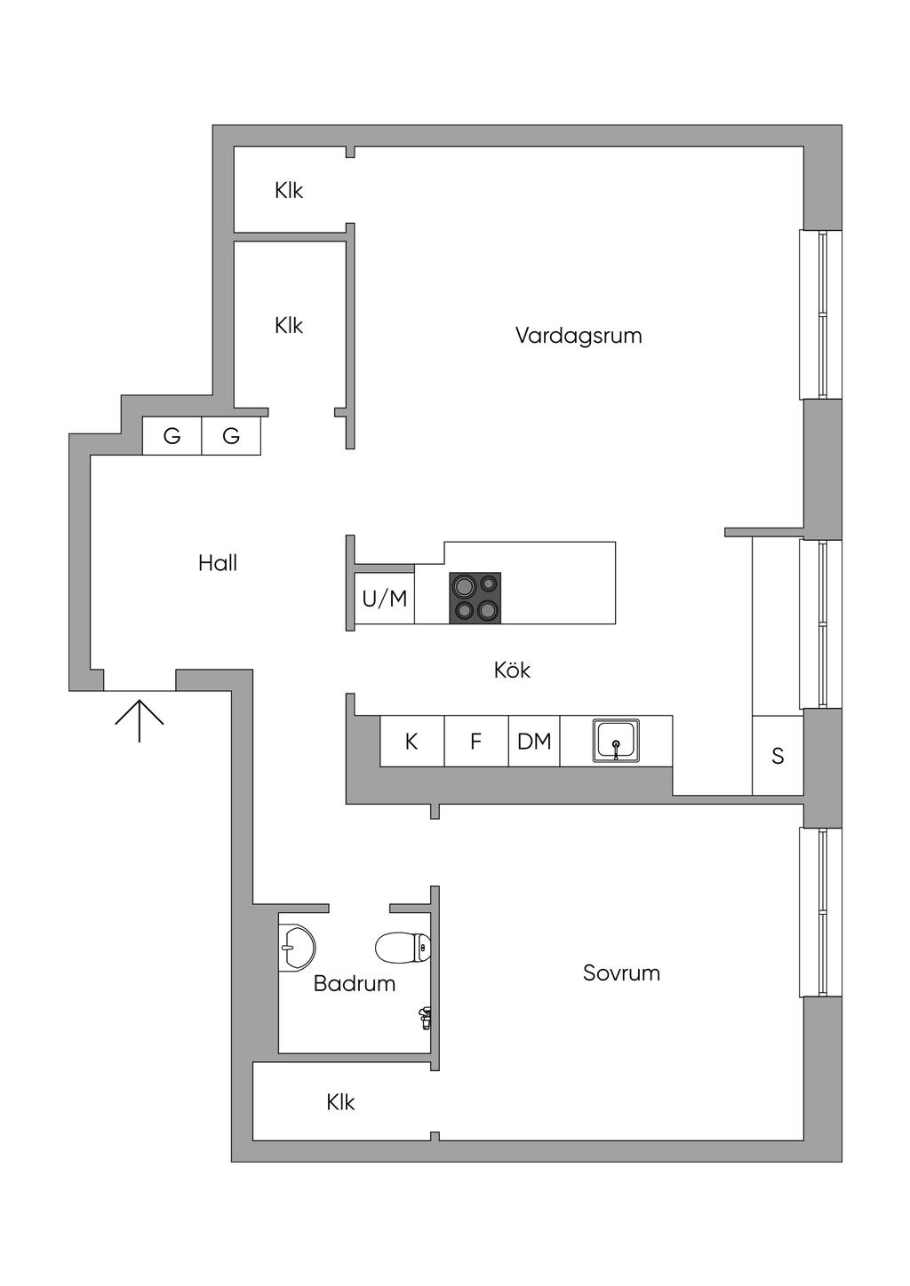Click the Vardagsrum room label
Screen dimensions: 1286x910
[x=579, y=336]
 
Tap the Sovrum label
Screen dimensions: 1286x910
[x=621, y=973]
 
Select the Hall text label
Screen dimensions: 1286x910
[x=218, y=563]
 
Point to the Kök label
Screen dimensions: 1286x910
[x=512, y=671]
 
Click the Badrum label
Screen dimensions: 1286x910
[x=354, y=984]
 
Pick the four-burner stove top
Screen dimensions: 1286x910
[x=475, y=598]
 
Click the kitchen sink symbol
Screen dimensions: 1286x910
[x=616, y=742]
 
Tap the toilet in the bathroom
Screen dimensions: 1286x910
[x=403, y=948]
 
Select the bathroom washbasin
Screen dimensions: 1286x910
[x=296, y=947]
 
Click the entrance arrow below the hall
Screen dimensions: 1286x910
[x=140, y=719]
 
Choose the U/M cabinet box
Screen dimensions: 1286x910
[x=385, y=599]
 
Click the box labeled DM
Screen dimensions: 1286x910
[x=534, y=742]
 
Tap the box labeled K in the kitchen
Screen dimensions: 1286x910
[x=411, y=742]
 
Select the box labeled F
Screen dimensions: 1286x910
[x=475, y=742]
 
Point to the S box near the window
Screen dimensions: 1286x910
[x=778, y=756]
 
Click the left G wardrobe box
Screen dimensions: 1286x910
[x=172, y=436]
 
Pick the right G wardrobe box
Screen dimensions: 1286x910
[x=231, y=436]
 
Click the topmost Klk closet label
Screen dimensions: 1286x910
[x=289, y=191]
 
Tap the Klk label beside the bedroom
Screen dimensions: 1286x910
[x=340, y=1103]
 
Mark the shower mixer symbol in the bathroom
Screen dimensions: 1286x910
[x=426, y=1018]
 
